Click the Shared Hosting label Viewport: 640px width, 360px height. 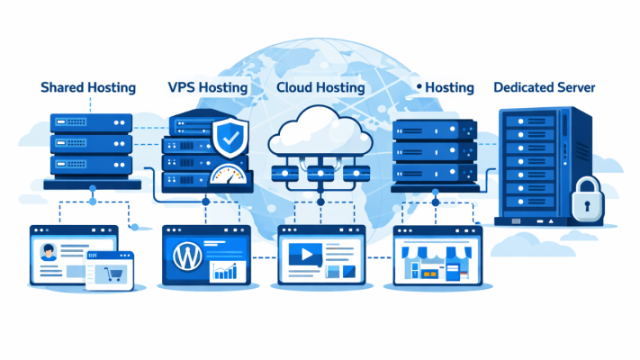[x=88, y=87]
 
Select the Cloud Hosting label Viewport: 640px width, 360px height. [x=320, y=87]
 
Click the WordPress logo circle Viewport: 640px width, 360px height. [x=185, y=255]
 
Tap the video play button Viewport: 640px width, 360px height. [x=304, y=256]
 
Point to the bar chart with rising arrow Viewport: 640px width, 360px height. [x=228, y=269]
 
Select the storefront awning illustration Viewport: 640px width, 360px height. [x=437, y=254]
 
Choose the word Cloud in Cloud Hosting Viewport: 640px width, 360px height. [x=293, y=87]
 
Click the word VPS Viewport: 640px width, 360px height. [x=183, y=87]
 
